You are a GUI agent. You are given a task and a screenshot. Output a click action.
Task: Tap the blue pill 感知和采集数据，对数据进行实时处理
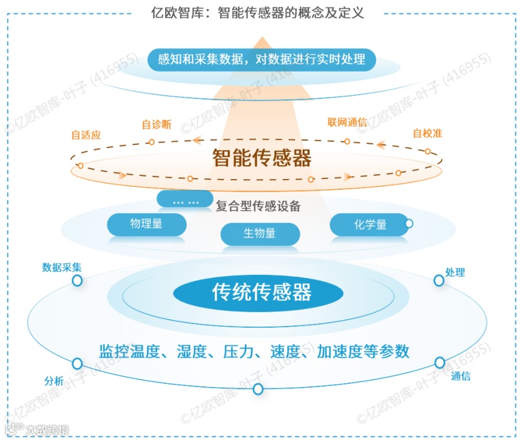pos(261,59)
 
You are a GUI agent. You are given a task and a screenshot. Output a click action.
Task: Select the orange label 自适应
pos(86,135)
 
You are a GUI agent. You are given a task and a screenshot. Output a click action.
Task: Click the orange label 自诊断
pos(156,124)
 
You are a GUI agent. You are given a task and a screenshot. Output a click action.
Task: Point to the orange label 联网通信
pos(347,122)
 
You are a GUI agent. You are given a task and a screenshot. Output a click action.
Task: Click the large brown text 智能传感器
pos(262,158)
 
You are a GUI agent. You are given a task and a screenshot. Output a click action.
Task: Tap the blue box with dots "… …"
pos(185,200)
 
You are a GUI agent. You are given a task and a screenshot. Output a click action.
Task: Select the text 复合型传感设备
pos(258,206)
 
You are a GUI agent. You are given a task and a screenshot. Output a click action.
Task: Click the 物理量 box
pos(146,224)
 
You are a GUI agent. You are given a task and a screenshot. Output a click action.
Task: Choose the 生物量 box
pos(260,233)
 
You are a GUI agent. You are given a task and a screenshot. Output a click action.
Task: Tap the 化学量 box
pos(370,224)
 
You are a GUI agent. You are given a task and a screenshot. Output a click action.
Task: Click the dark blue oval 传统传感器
pos(259,292)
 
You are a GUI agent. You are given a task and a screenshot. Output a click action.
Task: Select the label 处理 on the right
pos(455,272)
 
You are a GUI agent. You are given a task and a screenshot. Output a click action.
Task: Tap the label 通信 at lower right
pos(460,376)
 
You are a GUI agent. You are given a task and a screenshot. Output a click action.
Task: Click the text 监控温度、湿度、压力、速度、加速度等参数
pos(255,351)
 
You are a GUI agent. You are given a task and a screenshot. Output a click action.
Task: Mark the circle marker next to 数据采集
pos(77,281)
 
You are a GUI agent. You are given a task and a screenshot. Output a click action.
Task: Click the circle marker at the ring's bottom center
pos(258,389)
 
